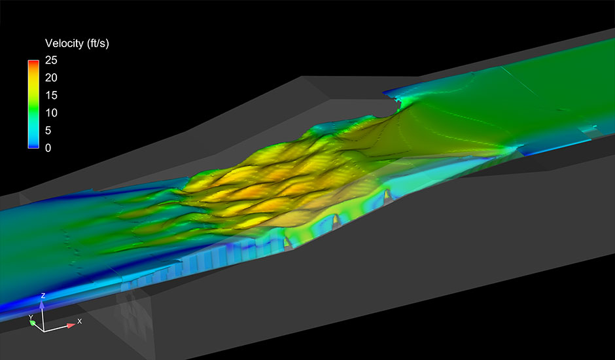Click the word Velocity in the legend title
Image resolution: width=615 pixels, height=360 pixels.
[x=64, y=43]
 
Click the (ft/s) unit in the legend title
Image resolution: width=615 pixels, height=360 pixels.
[x=97, y=43]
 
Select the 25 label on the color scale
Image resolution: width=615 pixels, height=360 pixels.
[x=52, y=60]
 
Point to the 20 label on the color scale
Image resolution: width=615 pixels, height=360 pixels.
[x=52, y=78]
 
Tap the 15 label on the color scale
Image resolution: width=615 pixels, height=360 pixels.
[x=52, y=96]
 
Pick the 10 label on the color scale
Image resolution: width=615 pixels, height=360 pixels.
[x=52, y=113]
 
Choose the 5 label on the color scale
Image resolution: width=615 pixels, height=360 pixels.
[x=48, y=130]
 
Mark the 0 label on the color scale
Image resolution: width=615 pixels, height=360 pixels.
[x=48, y=148]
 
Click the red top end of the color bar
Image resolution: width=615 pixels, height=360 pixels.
[x=33, y=62]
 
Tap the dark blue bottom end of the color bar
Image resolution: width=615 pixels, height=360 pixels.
[x=33, y=146]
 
